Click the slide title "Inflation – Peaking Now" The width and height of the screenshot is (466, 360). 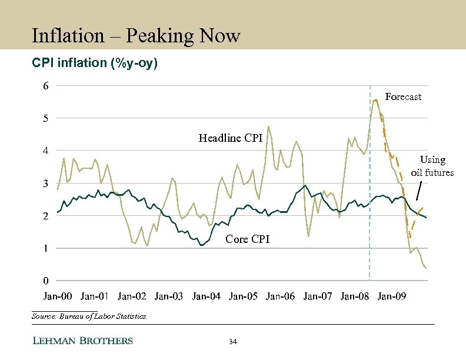(x=136, y=36)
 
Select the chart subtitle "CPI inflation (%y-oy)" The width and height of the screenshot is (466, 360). (x=95, y=63)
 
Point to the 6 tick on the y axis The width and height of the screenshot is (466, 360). (x=46, y=86)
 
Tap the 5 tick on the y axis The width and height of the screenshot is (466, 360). (x=46, y=118)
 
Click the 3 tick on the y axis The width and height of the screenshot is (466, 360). (x=46, y=184)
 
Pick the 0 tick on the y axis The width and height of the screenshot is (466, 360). (x=46, y=281)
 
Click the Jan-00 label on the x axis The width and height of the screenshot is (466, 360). (x=58, y=296)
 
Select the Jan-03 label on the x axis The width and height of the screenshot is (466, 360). (x=169, y=296)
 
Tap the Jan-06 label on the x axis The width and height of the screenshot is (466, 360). (x=281, y=296)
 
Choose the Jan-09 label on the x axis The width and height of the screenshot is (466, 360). (x=392, y=296)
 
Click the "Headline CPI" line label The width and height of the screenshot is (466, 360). (x=230, y=138)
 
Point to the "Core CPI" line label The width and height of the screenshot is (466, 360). (x=248, y=239)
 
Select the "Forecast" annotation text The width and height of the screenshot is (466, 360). (x=403, y=96)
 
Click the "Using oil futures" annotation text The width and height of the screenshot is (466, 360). (x=432, y=166)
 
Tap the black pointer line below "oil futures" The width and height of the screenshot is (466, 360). (x=419, y=190)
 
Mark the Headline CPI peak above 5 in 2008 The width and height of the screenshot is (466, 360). (x=375, y=100)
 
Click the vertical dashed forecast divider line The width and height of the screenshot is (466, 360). (x=370, y=235)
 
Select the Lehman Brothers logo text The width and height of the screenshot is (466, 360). (x=82, y=341)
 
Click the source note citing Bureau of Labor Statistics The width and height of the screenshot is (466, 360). (x=89, y=316)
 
